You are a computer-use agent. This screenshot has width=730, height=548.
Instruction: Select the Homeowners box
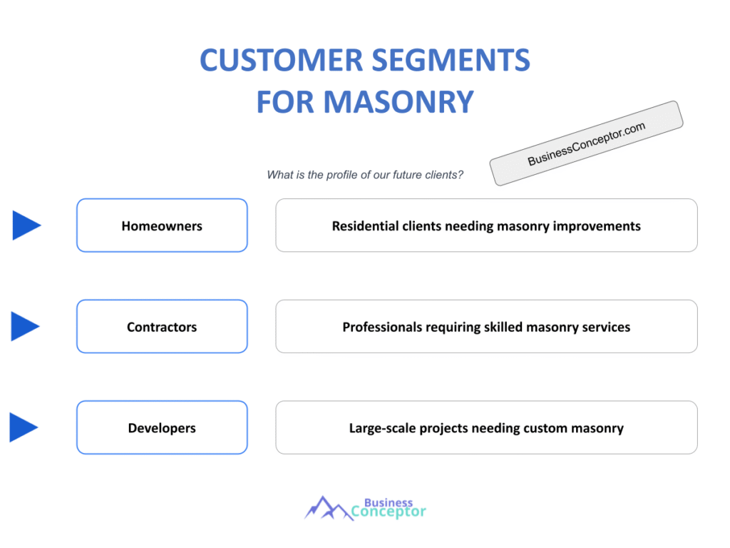coord(162,225)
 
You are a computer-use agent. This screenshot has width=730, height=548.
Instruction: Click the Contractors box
coord(162,327)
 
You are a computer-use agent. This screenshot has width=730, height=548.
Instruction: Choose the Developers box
coord(162,428)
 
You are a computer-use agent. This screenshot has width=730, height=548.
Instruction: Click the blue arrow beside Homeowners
coord(26,225)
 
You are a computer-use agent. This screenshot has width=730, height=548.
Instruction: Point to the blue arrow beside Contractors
coord(25,326)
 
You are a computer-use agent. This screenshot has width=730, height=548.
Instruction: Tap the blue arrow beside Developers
coord(24,427)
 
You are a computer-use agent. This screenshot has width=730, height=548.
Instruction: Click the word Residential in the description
coord(364,226)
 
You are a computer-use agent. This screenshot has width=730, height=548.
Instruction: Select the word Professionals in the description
coord(382,328)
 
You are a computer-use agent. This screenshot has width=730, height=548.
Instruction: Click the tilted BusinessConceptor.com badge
coord(586,143)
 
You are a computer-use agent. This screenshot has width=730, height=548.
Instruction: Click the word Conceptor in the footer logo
coord(389,512)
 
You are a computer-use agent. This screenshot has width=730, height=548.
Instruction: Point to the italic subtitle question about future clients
coord(365,175)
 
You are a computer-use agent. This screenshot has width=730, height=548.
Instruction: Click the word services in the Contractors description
coord(605,328)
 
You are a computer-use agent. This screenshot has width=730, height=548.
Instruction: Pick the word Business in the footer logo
coord(389,502)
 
